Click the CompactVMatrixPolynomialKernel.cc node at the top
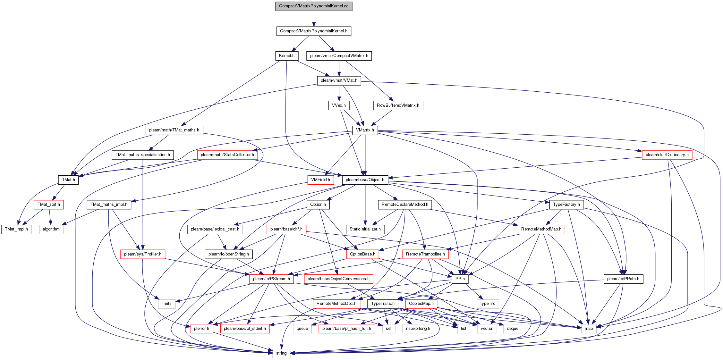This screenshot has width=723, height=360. click(x=314, y=6)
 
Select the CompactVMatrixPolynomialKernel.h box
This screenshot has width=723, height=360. click(x=314, y=31)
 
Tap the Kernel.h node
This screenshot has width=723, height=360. click(x=287, y=56)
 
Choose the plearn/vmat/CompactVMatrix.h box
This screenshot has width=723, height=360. click(x=339, y=56)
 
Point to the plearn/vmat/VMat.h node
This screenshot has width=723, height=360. click(x=339, y=80)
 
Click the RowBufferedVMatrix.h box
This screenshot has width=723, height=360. click(x=398, y=105)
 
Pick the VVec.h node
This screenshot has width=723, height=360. click(x=339, y=105)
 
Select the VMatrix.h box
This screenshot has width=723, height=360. click(x=365, y=130)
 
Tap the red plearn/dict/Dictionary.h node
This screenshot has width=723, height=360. click(x=667, y=155)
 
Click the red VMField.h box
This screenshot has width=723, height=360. click(x=321, y=180)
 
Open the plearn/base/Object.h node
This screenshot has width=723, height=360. click(x=365, y=180)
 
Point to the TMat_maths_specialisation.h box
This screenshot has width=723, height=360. click(x=143, y=155)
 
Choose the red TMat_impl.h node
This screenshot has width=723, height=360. click(x=17, y=229)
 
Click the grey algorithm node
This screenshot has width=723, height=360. click(x=51, y=229)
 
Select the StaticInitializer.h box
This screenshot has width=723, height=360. click(x=365, y=229)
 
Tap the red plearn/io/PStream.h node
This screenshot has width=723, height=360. click(x=271, y=279)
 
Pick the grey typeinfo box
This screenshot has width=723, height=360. click(x=488, y=304)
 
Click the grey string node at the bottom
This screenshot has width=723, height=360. click(x=281, y=353)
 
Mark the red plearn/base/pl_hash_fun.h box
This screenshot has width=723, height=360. click(x=347, y=329)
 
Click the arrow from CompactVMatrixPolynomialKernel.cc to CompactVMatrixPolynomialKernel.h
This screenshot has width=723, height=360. click(x=314, y=19)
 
